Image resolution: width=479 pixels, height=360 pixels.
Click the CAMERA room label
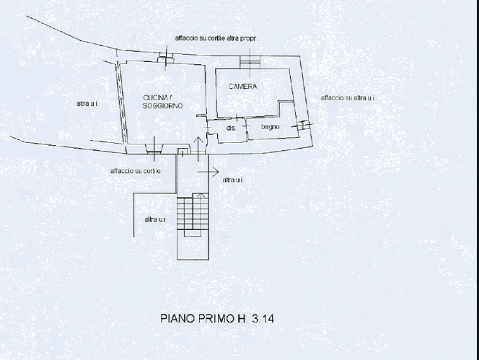243,87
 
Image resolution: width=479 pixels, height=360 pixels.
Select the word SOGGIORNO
163,106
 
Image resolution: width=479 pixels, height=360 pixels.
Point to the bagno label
271,126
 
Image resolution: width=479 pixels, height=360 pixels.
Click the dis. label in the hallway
232,128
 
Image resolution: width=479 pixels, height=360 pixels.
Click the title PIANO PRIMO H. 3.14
217,319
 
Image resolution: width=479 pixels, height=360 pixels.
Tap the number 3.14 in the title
263,319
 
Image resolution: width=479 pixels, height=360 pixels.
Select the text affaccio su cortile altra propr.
216,38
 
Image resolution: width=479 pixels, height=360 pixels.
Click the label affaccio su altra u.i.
348,98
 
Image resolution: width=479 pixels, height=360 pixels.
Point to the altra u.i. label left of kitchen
87,104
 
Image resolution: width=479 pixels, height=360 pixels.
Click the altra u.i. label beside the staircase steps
156,219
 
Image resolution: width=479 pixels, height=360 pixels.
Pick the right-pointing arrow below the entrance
208,172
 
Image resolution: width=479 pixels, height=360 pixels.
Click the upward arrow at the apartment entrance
198,149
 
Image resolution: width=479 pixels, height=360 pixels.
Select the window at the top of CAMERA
250,62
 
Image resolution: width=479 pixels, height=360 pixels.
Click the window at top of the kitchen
166,58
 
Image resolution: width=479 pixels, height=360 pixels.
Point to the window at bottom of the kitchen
154,149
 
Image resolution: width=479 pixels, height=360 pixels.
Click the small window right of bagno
302,125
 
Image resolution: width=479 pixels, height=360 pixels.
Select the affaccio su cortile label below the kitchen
136,171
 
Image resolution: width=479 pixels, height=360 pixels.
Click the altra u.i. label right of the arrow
233,180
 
